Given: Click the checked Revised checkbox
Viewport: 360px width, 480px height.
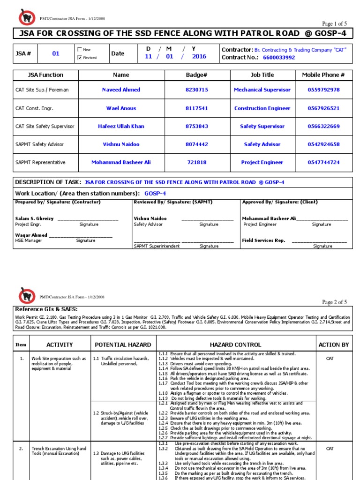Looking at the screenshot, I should [80, 57].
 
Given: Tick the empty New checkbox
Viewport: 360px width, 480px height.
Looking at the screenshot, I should [80, 49].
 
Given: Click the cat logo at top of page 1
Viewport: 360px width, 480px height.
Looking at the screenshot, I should [27, 17].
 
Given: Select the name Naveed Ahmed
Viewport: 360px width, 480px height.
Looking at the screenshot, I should [121, 90].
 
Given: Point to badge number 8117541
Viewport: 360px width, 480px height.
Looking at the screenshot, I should [197, 108].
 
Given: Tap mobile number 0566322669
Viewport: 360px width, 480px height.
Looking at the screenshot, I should [323, 126].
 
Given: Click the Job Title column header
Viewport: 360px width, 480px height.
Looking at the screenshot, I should [262, 75].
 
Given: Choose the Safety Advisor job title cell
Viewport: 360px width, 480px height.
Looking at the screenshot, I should [262, 144].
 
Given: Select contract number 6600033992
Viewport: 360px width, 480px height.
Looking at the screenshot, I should [279, 58].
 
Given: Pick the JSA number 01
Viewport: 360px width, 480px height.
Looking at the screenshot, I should [56, 53].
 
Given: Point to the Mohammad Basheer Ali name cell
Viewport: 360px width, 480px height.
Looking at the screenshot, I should [121, 162].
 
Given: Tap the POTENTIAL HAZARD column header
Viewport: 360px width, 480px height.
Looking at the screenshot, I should [123, 345].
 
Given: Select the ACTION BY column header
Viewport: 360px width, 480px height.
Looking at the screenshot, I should [333, 345].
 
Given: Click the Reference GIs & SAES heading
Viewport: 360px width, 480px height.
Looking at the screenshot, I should [46, 309].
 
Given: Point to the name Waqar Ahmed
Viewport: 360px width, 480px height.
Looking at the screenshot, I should [31, 235].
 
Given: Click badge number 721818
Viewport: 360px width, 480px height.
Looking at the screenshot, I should [197, 162].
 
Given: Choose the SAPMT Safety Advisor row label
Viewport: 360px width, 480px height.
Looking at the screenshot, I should [39, 144].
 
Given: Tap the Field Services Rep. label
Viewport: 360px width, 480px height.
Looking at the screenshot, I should [263, 240].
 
